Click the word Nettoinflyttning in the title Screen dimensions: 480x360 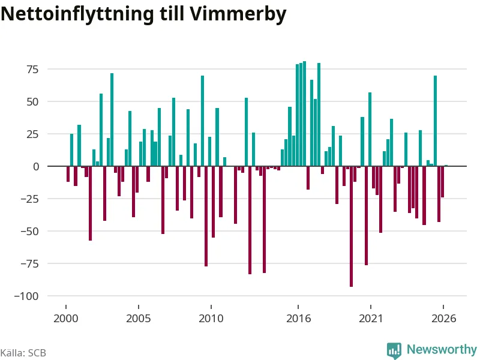tap(77, 14)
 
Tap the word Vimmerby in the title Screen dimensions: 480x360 tap(238, 14)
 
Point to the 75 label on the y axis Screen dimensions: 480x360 tap(33, 70)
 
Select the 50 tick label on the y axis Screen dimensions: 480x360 tap(33, 102)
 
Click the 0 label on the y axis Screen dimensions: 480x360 tap(36, 167)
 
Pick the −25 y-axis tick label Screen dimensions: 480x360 tap(29, 199)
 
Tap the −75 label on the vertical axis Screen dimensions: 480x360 tap(29, 264)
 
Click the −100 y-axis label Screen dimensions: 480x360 tap(26, 296)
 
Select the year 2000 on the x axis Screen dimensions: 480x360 tap(66, 319)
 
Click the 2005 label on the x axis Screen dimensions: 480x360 tap(139, 319)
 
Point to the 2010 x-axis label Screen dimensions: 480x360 tap(211, 319)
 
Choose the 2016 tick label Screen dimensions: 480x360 tap(298, 319)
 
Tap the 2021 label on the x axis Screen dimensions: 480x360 tap(371, 319)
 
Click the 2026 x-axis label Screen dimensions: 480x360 tap(443, 319)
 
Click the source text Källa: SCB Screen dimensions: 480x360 tap(23, 353)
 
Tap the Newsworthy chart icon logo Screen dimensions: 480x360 tap(394, 350)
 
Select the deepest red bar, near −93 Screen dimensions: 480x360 tap(351, 227)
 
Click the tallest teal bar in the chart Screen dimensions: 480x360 tap(304, 113)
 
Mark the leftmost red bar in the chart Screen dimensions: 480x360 tap(68, 174)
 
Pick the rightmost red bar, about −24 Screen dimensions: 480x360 tap(442, 182)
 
